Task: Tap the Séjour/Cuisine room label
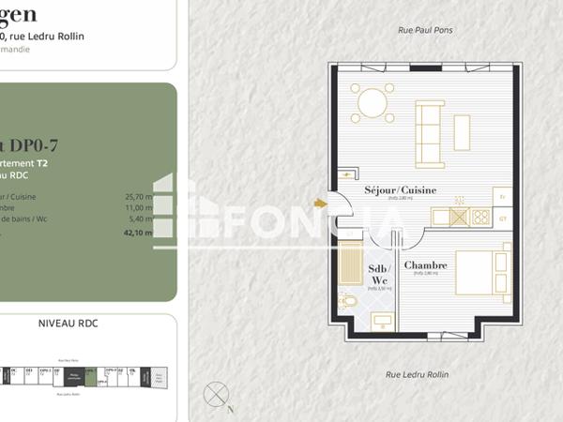(401, 190)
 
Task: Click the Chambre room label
(425, 265)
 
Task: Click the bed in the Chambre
(482, 273)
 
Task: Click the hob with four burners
(481, 217)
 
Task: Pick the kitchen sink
(459, 217)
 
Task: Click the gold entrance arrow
(320, 202)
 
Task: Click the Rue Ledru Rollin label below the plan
(418, 374)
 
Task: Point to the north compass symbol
(216, 392)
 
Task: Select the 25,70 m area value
(138, 197)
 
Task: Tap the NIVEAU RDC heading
(68, 324)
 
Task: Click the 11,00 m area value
(138, 207)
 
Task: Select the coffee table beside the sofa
(462, 132)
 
